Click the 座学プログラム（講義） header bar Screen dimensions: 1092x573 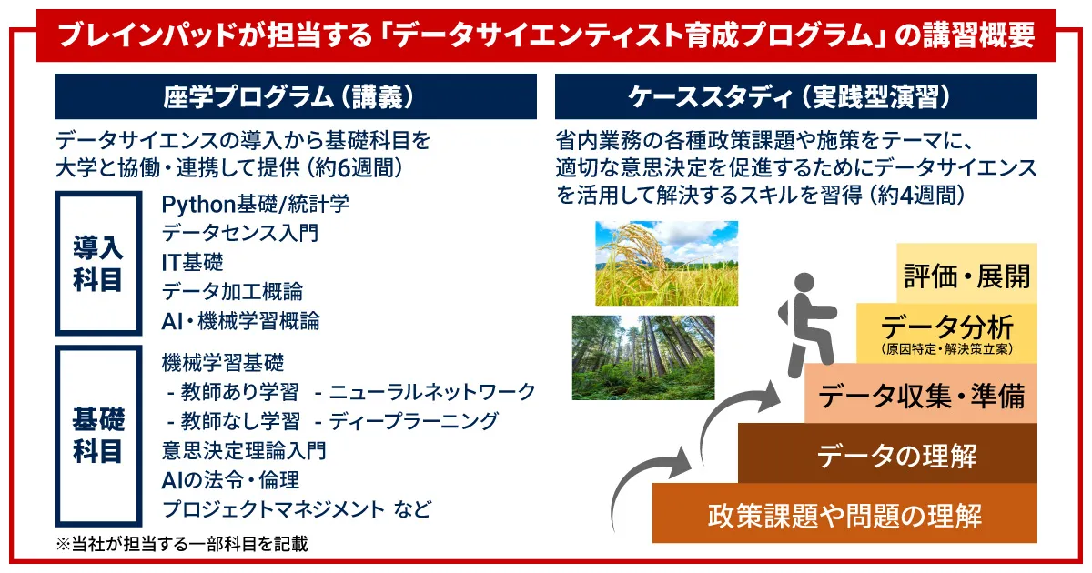pos(296,96)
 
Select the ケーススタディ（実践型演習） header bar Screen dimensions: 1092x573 pos(795,96)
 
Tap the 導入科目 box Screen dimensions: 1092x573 pos(98,263)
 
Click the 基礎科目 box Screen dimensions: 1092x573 pos(98,436)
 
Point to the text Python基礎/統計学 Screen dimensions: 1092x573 pos(255,204)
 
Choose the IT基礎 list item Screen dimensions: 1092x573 pos(192,263)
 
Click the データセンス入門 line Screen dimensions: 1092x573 pos(240,233)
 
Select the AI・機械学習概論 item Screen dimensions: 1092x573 pos(240,321)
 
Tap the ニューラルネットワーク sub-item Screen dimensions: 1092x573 pos(432,392)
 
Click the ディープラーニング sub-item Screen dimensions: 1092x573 pos(413,421)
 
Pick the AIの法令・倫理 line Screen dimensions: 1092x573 pos(230,480)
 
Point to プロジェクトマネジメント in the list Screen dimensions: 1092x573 pos(274,509)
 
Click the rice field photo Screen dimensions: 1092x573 pos(666,263)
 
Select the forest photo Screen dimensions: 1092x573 pos(643,357)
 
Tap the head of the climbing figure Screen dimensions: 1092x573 pos(804,283)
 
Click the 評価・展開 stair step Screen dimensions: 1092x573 pos(966,274)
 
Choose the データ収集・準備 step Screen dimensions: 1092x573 pos(921,394)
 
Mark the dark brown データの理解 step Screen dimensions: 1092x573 pos(887,454)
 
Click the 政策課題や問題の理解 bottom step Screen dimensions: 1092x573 pos(844,513)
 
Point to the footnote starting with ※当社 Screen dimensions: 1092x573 pos(181,544)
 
